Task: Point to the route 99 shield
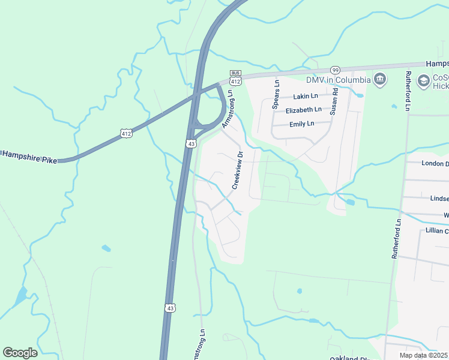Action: point(335,70)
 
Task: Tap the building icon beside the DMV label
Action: point(379,80)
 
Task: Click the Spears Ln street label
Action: point(277,94)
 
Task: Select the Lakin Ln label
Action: point(306,96)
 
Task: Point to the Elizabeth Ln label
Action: point(303,110)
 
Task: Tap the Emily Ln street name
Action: point(302,124)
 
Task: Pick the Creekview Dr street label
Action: point(238,170)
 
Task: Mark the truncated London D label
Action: point(435,163)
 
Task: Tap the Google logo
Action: point(20,352)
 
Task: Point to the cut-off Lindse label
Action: point(439,199)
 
